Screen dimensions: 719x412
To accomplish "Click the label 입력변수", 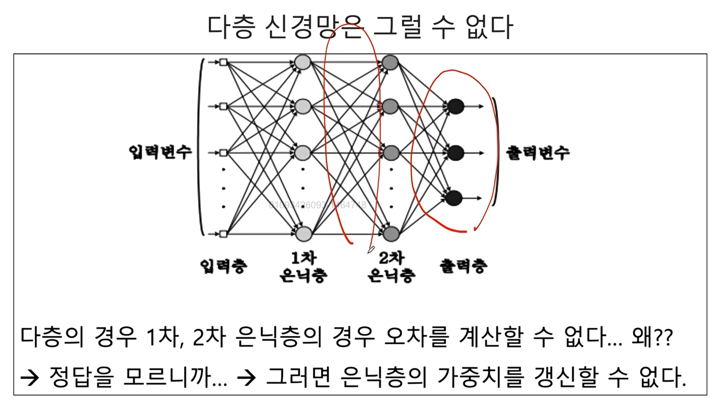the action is [x=160, y=152].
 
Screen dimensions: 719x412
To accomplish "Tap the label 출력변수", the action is [x=538, y=153].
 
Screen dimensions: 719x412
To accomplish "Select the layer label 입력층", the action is [x=224, y=266].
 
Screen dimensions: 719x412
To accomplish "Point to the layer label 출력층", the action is [x=463, y=266].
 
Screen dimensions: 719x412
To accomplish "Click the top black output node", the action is [x=456, y=106].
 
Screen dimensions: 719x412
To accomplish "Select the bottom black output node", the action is [x=454, y=198].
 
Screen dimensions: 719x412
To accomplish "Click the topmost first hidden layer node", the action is [x=303, y=62].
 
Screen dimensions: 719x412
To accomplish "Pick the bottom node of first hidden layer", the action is [x=303, y=234].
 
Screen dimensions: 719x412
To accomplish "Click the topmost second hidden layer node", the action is [x=390, y=62].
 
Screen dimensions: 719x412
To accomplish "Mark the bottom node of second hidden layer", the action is [x=391, y=234].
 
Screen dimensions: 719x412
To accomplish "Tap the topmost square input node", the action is [x=223, y=62].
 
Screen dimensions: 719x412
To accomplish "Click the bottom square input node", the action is [x=223, y=234].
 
